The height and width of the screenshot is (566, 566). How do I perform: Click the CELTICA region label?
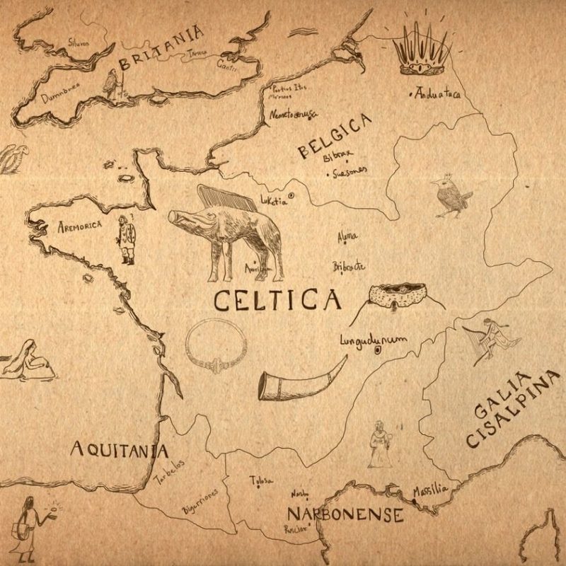click(277, 301)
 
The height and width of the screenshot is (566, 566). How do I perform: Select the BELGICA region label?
click(335, 139)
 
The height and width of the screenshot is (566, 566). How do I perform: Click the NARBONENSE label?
click(345, 514)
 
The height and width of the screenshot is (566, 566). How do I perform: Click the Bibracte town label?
click(348, 266)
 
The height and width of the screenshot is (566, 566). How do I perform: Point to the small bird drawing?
click(449, 195)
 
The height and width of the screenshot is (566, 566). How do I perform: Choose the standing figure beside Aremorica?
click(126, 238)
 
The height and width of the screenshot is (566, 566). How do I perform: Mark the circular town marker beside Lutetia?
click(291, 197)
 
